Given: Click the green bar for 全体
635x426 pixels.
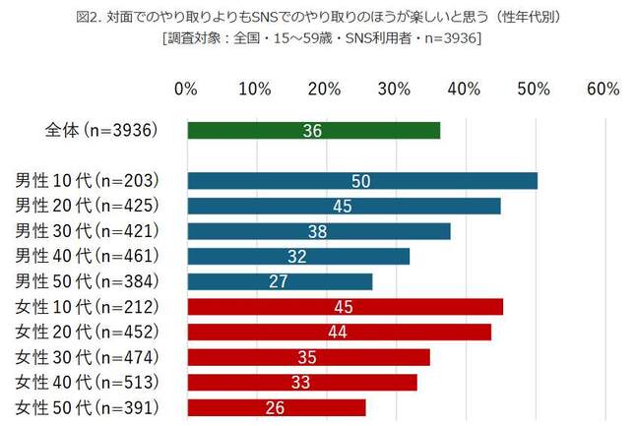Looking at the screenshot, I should click(x=313, y=131).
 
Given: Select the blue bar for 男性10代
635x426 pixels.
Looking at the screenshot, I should click(x=361, y=181).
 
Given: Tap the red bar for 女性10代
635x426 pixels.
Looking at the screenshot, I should click(x=345, y=307).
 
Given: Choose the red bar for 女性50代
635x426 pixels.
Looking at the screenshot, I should click(x=276, y=407).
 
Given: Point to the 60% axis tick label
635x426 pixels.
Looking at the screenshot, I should click(x=603, y=90).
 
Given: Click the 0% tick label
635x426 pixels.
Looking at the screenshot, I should click(x=185, y=90).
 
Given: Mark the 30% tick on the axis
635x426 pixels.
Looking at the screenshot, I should click(x=394, y=90).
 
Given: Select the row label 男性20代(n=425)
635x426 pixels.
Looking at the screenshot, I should click(x=101, y=206).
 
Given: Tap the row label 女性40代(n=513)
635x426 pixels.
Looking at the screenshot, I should click(x=101, y=382).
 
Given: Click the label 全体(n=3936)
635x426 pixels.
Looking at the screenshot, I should click(x=101, y=131).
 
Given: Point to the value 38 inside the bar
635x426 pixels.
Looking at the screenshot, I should click(x=318, y=231).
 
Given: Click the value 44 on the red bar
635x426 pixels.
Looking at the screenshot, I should click(x=338, y=332).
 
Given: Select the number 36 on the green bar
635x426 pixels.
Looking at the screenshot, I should click(x=313, y=131).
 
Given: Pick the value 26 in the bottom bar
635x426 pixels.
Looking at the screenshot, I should click(x=276, y=407).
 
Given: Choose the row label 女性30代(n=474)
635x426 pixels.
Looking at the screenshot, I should click(x=101, y=356).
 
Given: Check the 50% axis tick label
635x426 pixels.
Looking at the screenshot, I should click(x=533, y=90).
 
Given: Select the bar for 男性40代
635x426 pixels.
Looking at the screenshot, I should click(x=297, y=256).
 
